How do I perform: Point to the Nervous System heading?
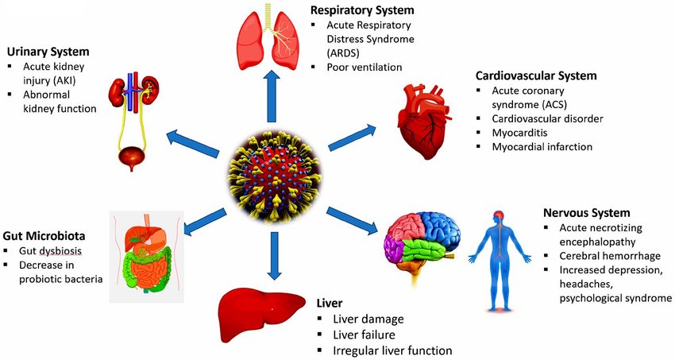point(586,213)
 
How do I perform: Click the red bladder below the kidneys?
point(126,159)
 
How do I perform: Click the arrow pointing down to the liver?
point(274,255)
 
